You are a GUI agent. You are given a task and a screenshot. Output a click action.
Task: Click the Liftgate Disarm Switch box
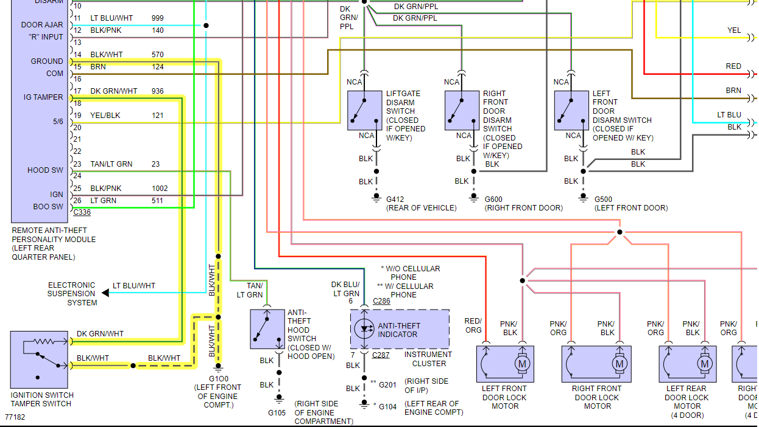click(365, 110)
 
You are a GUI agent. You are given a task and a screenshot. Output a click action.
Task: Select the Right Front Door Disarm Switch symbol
click(462, 110)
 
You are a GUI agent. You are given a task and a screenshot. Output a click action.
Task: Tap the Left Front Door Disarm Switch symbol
click(571, 110)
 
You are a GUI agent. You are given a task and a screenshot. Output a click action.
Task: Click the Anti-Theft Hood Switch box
click(267, 329)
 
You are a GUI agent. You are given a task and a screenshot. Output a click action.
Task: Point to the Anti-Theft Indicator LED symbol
click(365, 329)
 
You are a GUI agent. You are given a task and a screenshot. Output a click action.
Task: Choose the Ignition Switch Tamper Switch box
click(39, 359)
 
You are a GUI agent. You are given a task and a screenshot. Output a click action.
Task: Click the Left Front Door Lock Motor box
click(504, 364)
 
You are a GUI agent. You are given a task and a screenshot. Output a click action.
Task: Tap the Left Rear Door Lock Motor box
click(687, 364)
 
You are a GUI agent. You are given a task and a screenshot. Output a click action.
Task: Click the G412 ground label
click(395, 199)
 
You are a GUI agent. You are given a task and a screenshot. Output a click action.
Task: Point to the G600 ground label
click(493, 199)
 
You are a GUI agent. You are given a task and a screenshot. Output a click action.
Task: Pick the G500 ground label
click(603, 199)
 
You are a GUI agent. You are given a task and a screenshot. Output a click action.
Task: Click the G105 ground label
click(277, 413)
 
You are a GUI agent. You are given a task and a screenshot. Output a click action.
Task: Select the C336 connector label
click(82, 212)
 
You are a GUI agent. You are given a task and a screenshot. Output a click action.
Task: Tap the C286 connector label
click(381, 301)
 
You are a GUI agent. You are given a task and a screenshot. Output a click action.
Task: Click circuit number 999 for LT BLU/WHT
click(158, 18)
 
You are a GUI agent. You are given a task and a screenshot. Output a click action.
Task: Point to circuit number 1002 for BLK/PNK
click(160, 189)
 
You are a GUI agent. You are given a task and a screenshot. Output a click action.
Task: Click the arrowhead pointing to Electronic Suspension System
click(105, 293)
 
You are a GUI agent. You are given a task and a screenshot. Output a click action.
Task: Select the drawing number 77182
click(15, 418)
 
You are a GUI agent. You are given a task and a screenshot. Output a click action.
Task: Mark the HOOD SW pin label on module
click(45, 170)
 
